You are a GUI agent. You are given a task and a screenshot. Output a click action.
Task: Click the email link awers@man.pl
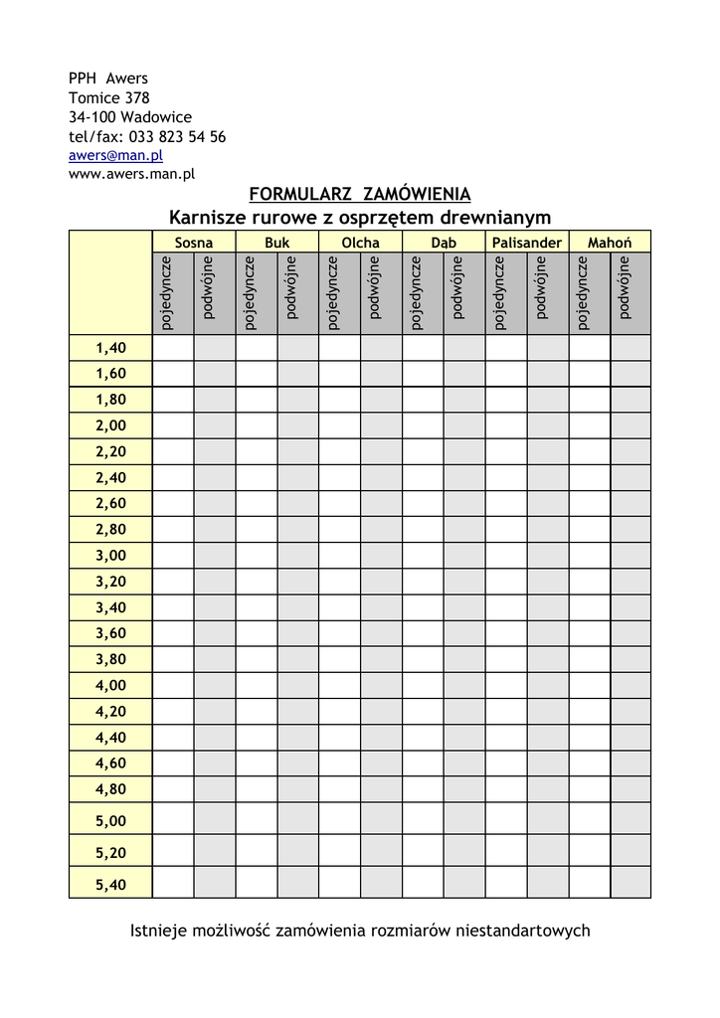coord(115,155)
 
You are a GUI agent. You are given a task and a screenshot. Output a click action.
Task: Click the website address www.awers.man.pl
coord(131,173)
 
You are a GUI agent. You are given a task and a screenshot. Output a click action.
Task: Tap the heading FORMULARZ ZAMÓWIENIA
coord(359,194)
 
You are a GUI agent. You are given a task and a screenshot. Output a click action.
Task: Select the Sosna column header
coord(193,243)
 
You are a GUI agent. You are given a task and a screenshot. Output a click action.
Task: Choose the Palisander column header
coord(526,243)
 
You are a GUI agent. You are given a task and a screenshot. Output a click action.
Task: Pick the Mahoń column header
coord(610,243)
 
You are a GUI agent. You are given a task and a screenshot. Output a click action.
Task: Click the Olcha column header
coord(360,243)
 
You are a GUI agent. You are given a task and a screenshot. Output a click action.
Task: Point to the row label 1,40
coord(110,348)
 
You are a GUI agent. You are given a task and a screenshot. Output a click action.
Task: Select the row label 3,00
coord(110,555)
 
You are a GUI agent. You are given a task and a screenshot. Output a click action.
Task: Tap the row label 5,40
coord(110,884)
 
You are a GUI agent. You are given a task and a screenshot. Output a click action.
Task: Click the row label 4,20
coord(110,711)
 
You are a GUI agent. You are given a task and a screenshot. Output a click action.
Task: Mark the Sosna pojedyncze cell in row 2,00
coord(172,425)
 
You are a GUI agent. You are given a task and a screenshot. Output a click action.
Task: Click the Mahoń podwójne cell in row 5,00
coord(630,820)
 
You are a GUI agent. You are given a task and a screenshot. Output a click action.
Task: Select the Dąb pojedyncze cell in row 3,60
coord(423,632)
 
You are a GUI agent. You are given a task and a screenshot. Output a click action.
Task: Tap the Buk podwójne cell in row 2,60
coord(297,503)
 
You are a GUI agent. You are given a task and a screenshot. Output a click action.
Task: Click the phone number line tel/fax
coord(147,136)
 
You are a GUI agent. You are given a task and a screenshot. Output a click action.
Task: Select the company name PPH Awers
coord(107,79)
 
